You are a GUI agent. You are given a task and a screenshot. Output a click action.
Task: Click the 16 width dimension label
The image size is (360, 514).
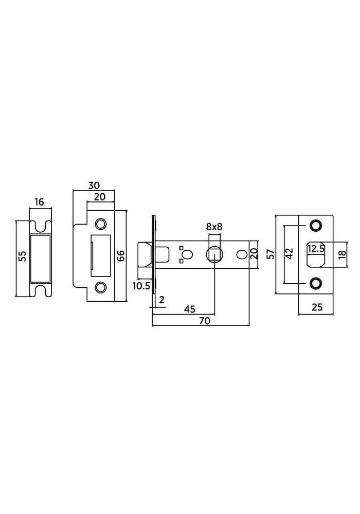(x=39, y=202)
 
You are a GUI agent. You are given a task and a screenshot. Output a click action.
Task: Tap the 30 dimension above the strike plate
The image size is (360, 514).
(x=94, y=185)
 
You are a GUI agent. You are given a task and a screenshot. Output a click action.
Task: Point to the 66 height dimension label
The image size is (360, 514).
(x=120, y=255)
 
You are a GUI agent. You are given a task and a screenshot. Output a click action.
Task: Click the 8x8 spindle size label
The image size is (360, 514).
(x=214, y=227)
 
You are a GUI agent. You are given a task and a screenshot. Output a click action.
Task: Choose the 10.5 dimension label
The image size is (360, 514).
(x=141, y=286)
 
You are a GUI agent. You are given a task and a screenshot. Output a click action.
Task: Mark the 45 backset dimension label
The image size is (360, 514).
(x=189, y=309)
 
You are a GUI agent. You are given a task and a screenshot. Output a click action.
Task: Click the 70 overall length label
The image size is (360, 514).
(x=204, y=321)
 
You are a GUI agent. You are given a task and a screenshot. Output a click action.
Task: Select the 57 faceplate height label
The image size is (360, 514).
(x=271, y=254)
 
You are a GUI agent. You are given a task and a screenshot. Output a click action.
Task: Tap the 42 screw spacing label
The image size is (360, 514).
(x=289, y=253)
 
